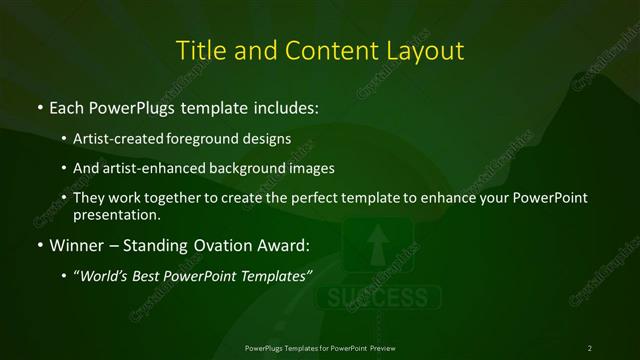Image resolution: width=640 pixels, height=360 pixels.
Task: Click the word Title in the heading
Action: click(x=198, y=49)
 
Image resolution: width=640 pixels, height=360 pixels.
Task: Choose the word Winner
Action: click(x=76, y=244)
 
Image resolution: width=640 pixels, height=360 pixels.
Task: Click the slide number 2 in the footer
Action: click(x=589, y=347)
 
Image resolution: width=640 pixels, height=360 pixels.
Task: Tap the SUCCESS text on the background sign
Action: click(x=378, y=298)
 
